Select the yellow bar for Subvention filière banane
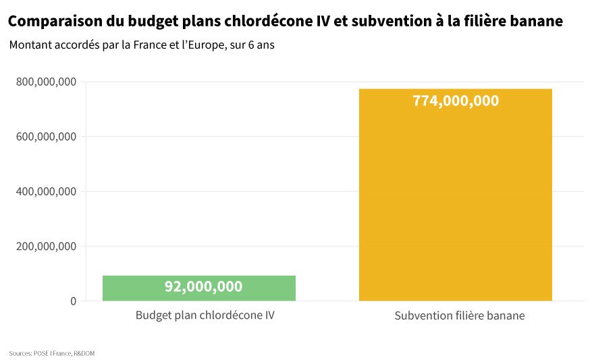[x=455, y=203]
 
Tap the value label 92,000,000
[x=203, y=286]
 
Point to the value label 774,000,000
[x=456, y=101]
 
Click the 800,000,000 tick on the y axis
[x=45, y=82]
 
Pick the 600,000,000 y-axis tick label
[x=45, y=137]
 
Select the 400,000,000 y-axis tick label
[x=45, y=192]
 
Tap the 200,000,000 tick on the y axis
[x=45, y=247]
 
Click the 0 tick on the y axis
[x=73, y=301]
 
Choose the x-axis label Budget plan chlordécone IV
[x=205, y=315]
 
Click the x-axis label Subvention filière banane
[x=459, y=316]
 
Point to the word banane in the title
[x=536, y=22]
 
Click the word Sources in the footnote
[x=20, y=353]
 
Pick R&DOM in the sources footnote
[x=84, y=353]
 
